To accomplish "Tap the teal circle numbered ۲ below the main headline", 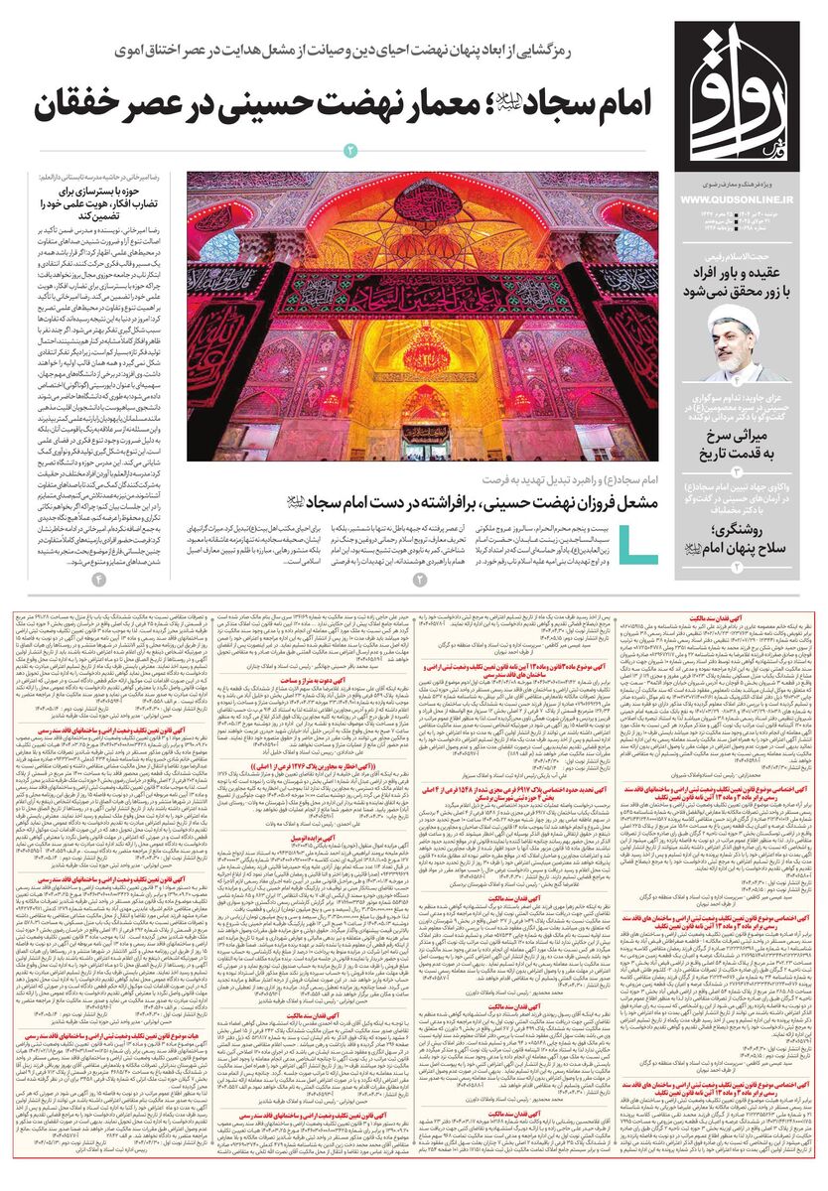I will coord(349,150).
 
